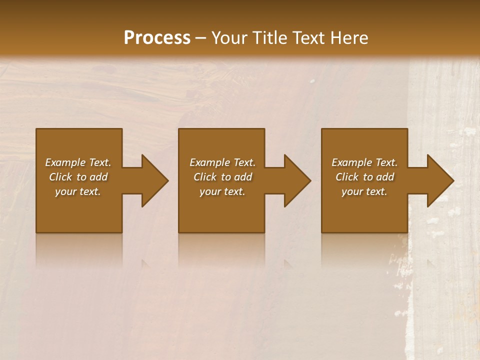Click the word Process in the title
pyautogui.click(x=157, y=38)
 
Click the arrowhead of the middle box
pyautogui.click(x=294, y=180)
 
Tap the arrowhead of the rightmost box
pyautogui.click(x=437, y=180)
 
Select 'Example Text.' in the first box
pyautogui.click(x=78, y=162)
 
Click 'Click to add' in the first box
pyautogui.click(x=78, y=177)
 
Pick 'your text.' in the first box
pyautogui.click(x=78, y=191)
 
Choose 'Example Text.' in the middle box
pyautogui.click(x=222, y=162)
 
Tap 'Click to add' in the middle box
pyautogui.click(x=222, y=177)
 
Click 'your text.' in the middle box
pyautogui.click(x=222, y=191)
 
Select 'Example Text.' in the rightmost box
pyautogui.click(x=364, y=162)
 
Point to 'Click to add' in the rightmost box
pyautogui.click(x=364, y=177)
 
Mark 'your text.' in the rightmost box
pyautogui.click(x=364, y=191)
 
